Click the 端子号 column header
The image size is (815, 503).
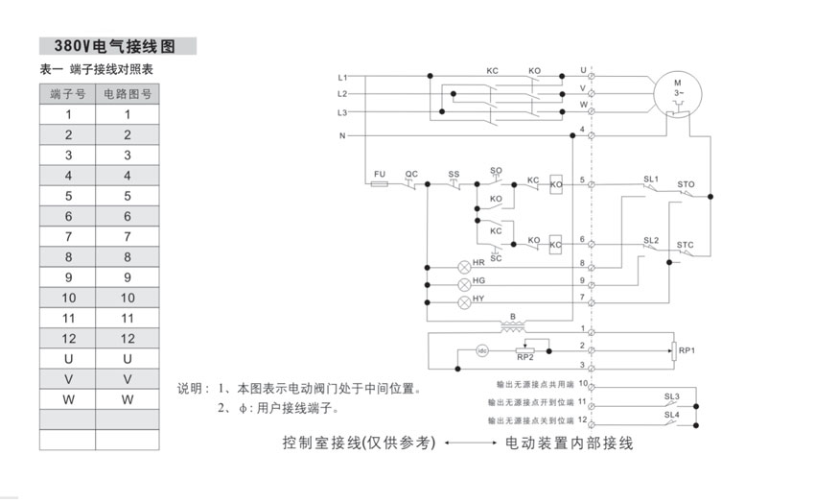click(67, 93)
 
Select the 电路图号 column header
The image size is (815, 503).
click(128, 93)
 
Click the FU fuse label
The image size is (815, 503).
click(379, 174)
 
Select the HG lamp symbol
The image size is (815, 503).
click(465, 284)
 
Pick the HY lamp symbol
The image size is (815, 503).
click(465, 302)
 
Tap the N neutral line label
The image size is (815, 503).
click(341, 136)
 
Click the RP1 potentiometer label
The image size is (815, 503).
click(687, 350)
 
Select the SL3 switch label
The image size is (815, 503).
click(671, 395)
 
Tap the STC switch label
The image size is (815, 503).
click(685, 245)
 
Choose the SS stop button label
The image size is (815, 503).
click(454, 174)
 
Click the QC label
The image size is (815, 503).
click(411, 174)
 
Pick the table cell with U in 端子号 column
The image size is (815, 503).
click(67, 358)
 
